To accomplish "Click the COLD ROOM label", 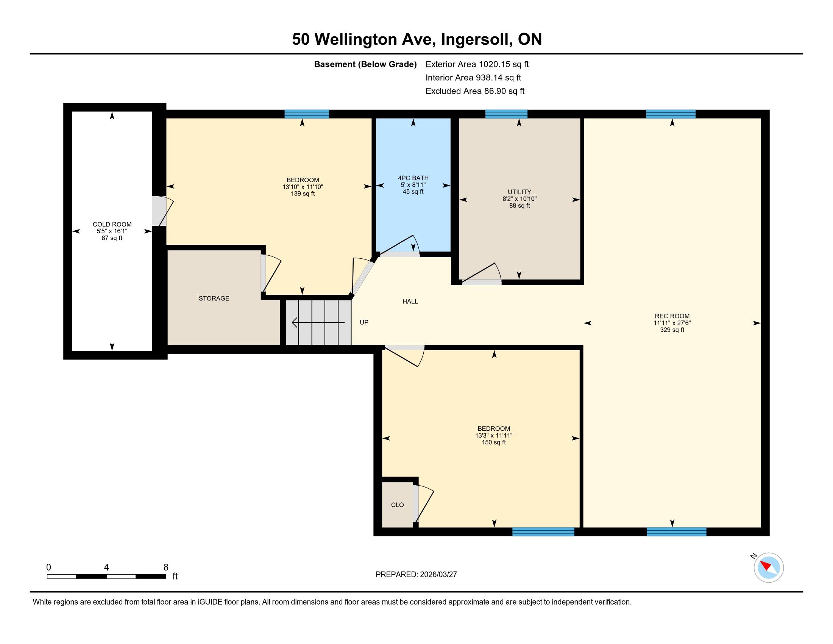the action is pyautogui.click(x=112, y=224).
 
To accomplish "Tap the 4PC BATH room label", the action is pyautogui.click(x=413, y=178).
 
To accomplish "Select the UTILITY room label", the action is pyautogui.click(x=519, y=192).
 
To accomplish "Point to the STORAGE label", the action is pyautogui.click(x=214, y=299).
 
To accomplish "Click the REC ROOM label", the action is pyautogui.click(x=672, y=316).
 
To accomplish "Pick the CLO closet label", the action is pyautogui.click(x=398, y=505).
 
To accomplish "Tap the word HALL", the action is pyautogui.click(x=410, y=302).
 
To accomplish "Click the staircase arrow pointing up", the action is pyautogui.click(x=318, y=323).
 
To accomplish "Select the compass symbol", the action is pyautogui.click(x=768, y=567).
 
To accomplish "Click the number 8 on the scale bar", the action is pyautogui.click(x=166, y=567).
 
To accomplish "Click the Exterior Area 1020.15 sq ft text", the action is pyautogui.click(x=477, y=64).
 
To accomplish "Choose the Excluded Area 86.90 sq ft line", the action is pyautogui.click(x=475, y=91).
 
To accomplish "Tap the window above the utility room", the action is pyautogui.click(x=506, y=114).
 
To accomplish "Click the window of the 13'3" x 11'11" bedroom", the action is pyautogui.click(x=543, y=532).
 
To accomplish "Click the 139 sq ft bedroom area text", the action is pyautogui.click(x=303, y=194).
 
